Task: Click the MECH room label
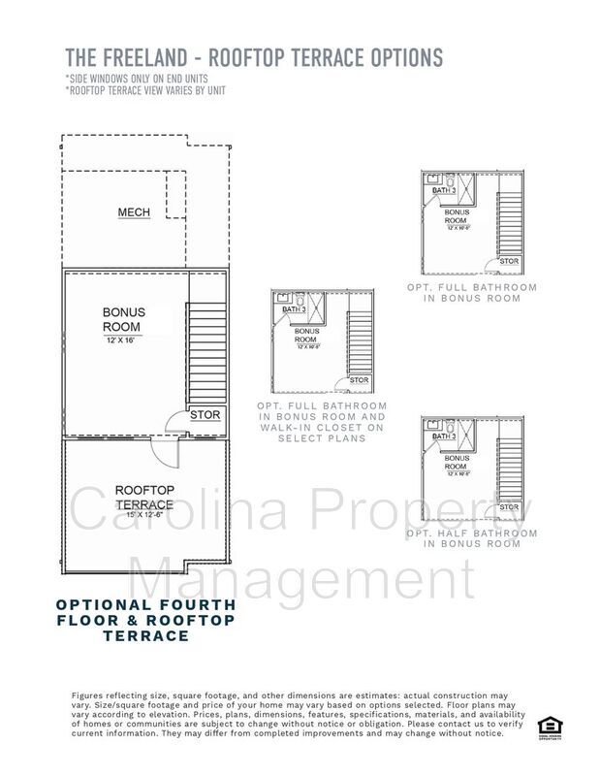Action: pos(134,212)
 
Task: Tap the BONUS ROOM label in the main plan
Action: pos(124,320)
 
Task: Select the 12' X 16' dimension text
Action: pos(125,341)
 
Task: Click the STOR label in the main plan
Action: pos(205,415)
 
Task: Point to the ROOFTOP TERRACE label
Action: pos(144,498)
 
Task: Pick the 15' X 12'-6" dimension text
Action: pos(144,514)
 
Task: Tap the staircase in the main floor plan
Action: pos(205,353)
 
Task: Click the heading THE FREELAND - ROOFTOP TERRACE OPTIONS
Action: pos(253,57)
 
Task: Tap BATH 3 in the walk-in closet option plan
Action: pos(294,310)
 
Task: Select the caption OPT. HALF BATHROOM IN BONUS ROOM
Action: pos(471,538)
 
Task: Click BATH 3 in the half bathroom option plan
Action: pos(444,436)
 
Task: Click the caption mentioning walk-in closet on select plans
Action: pos(322,422)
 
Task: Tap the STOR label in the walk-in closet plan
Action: pos(359,380)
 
